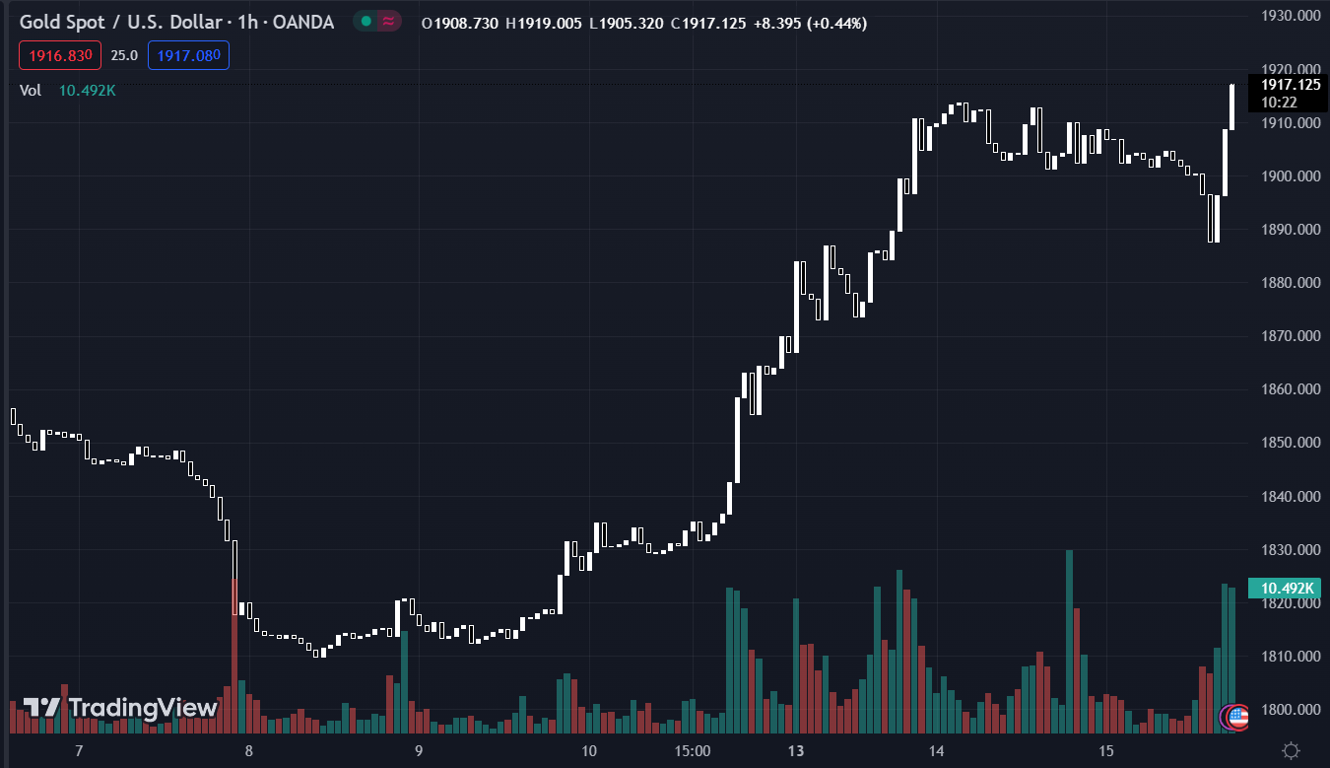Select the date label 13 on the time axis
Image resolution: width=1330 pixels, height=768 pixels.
coord(796,751)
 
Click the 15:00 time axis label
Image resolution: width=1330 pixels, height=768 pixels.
coord(693,751)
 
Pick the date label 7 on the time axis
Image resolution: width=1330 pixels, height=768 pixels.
coord(79,751)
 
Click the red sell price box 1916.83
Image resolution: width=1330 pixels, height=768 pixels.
coord(60,55)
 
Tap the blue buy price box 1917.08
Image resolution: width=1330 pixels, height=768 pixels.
coord(188,55)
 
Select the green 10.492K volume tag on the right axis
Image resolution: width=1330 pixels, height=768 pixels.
coord(1284,589)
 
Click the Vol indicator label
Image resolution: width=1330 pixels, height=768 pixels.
coord(31,91)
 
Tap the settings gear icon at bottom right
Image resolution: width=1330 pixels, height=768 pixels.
coord(1292,750)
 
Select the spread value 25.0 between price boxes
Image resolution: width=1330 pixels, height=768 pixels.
coord(123,55)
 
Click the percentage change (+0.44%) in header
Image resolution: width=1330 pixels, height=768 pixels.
coord(836,23)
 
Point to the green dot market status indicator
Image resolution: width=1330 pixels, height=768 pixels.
coord(366,22)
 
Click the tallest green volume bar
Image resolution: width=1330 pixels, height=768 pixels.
coord(1070,641)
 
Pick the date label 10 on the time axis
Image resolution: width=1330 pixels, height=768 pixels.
coord(589,751)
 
